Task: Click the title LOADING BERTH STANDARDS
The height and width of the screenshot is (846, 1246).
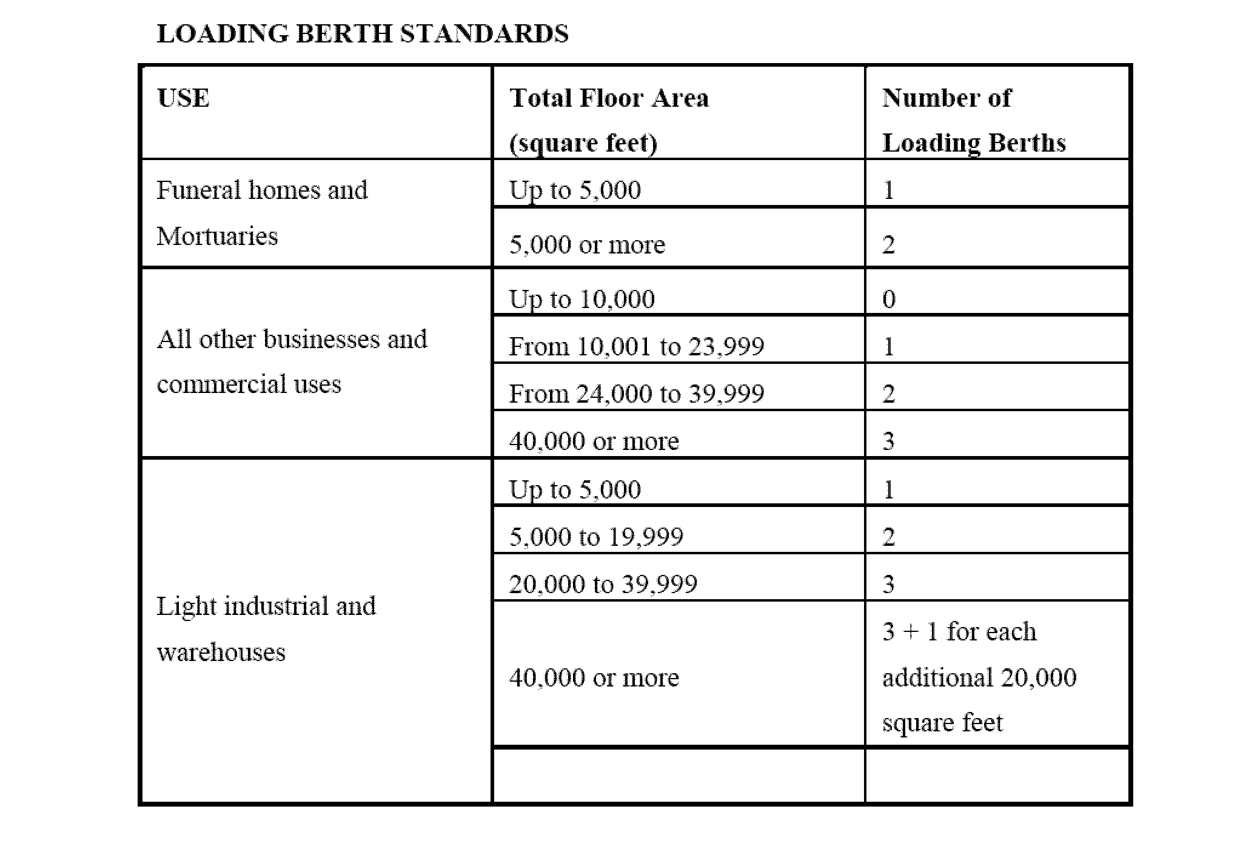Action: click(x=363, y=34)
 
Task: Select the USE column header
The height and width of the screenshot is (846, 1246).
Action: click(x=183, y=98)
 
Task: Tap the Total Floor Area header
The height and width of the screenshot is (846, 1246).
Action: click(x=609, y=98)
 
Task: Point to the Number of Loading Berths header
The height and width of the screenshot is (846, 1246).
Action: click(x=973, y=120)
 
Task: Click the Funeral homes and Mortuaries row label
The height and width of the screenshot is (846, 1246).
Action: click(x=262, y=213)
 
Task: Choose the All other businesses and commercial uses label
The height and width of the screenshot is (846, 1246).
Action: click(x=292, y=361)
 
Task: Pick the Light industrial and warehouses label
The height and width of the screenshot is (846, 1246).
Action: click(x=266, y=629)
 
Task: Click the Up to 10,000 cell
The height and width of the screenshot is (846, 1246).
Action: click(x=581, y=300)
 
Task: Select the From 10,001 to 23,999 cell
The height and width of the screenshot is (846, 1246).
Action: click(x=636, y=347)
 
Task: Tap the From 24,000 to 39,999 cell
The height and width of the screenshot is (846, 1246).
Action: click(x=636, y=394)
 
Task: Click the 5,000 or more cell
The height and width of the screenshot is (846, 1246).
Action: click(x=587, y=245)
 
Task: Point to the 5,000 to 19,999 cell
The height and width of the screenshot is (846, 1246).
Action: click(x=596, y=537)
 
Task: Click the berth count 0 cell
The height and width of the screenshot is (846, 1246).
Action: click(x=889, y=300)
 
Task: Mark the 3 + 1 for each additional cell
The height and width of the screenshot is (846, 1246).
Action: click(x=979, y=677)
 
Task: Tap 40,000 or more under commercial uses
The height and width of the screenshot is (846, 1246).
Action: click(x=594, y=441)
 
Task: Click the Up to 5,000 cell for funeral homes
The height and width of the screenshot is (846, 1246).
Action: click(x=575, y=190)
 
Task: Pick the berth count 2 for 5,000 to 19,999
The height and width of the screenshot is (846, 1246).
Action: click(x=889, y=537)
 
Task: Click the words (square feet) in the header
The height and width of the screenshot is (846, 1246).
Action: click(x=583, y=144)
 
